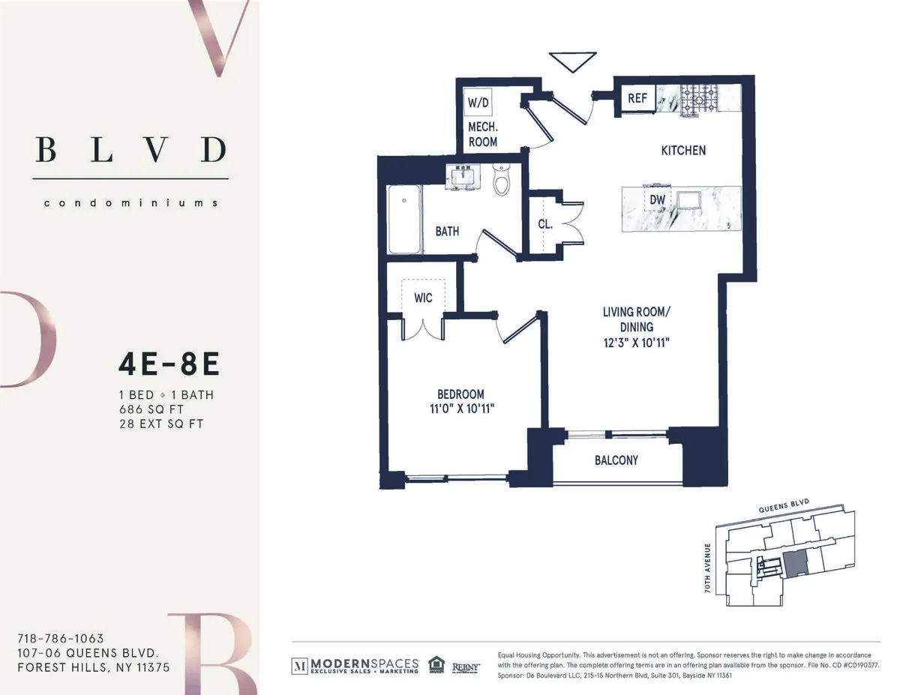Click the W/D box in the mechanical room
478,101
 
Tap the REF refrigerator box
637,97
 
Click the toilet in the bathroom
501,179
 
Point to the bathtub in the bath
403,219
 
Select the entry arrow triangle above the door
572,61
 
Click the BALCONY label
616,460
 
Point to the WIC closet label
423,298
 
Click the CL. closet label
545,223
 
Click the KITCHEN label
682,150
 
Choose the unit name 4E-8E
169,365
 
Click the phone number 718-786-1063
60,639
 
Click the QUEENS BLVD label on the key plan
784,508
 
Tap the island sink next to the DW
688,200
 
